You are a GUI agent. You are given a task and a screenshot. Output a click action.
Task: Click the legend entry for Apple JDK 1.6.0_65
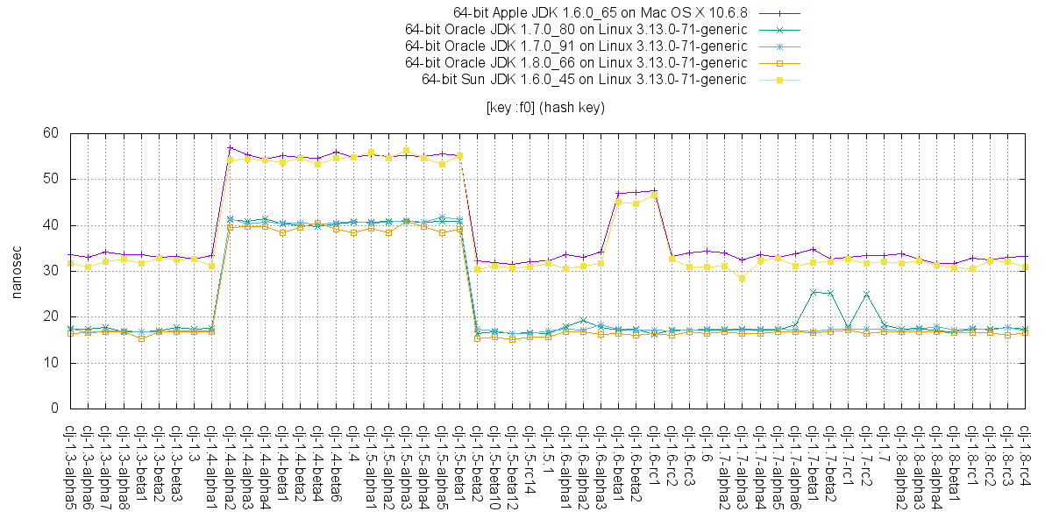(600, 13)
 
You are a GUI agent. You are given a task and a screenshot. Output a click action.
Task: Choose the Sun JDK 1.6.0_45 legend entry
(584, 80)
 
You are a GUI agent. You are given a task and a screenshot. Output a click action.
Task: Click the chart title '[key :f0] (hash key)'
(545, 108)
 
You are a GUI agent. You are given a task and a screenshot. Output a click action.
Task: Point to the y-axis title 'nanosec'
(17, 272)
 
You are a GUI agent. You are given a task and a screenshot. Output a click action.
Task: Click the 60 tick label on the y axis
(50, 133)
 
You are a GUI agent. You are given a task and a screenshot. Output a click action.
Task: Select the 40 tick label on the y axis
(50, 225)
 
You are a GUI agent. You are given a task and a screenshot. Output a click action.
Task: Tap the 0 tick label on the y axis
(54, 409)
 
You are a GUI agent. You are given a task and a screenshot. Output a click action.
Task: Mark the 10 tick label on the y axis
(50, 363)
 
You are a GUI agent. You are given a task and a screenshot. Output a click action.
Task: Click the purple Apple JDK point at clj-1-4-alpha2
(230, 147)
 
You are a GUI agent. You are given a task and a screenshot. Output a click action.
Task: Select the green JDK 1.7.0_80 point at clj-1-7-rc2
(866, 294)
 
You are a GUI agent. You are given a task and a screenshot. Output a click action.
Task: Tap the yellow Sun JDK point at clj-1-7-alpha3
(743, 278)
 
